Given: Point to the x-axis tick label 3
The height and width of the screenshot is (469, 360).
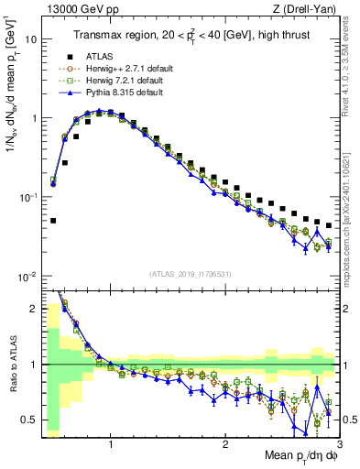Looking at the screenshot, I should pos(339,448).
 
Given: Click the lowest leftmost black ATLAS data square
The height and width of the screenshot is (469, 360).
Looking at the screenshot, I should pos(54,221).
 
